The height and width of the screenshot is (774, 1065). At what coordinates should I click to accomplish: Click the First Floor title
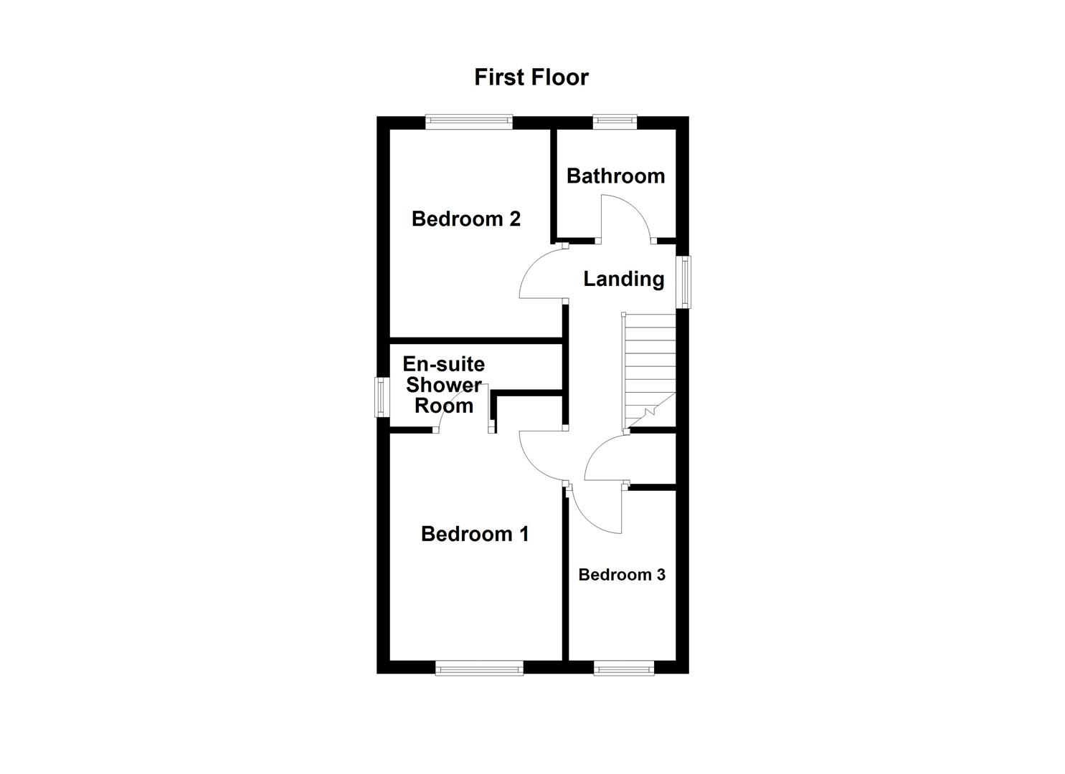(531, 77)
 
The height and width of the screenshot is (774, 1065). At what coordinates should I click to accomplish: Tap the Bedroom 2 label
(465, 219)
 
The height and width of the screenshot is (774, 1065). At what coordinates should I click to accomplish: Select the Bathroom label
(615, 176)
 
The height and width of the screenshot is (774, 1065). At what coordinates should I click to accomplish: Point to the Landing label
(623, 279)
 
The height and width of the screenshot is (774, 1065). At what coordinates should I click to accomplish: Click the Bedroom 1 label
(475, 534)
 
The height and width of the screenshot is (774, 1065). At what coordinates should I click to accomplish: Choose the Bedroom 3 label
(622, 575)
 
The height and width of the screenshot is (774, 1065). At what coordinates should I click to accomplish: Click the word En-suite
(443, 364)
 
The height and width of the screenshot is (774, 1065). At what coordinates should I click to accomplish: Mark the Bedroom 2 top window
(468, 123)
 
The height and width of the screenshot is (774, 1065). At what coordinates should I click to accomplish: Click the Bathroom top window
(615, 123)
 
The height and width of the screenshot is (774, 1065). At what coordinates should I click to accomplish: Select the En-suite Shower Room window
(382, 397)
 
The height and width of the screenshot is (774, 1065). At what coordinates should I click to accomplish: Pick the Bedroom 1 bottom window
(479, 668)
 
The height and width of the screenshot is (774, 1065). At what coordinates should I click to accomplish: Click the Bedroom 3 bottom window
(624, 668)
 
